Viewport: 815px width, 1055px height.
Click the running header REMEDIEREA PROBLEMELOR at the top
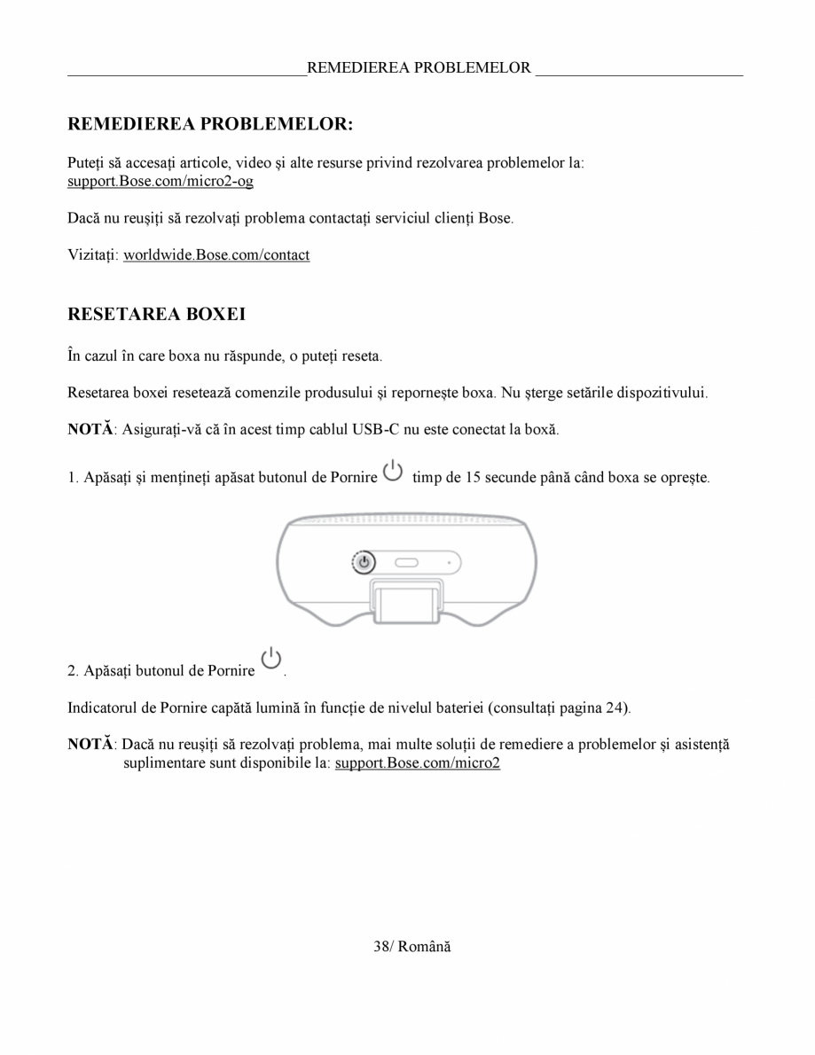[419, 67]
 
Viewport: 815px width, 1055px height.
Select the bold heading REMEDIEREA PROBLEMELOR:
[210, 124]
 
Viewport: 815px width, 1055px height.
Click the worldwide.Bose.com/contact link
[216, 255]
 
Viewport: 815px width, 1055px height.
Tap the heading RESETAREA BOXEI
[157, 315]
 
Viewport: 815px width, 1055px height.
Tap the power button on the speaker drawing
[364, 562]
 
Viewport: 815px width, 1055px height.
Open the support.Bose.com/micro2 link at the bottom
[418, 763]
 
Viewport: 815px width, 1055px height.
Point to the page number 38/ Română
[411, 947]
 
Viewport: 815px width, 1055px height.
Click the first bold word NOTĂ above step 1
[90, 429]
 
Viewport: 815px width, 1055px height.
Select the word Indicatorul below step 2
[102, 708]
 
